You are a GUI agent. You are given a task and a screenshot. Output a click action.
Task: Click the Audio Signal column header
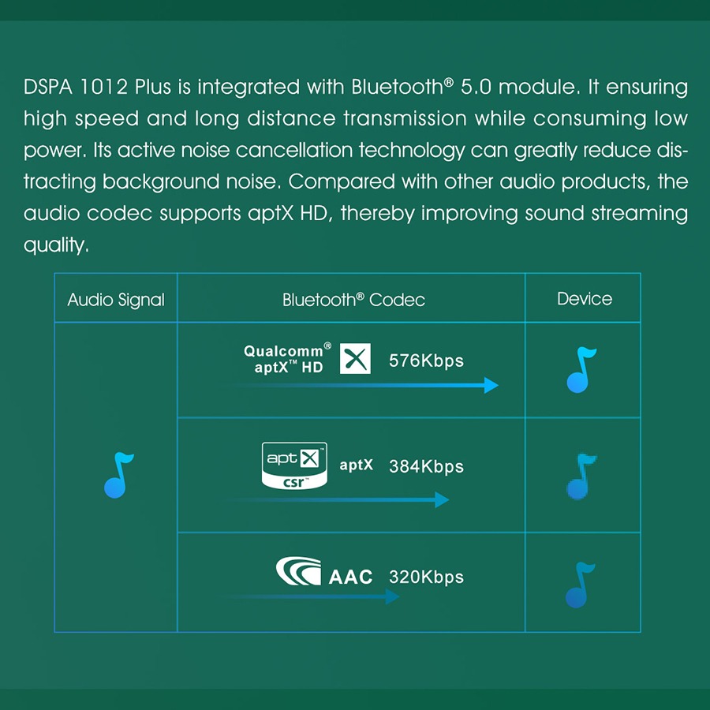point(116,300)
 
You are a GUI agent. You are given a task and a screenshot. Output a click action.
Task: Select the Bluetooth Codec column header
point(353,299)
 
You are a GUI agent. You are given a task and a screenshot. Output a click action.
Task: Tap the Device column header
point(584,299)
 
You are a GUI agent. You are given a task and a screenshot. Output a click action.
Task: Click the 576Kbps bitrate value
point(426,361)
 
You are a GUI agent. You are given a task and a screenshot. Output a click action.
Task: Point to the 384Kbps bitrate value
point(426,466)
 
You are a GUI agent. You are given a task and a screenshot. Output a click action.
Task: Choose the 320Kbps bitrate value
point(426,577)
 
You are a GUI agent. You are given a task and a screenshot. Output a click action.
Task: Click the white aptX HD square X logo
point(355,359)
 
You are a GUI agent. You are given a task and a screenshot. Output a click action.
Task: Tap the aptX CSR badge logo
point(294,466)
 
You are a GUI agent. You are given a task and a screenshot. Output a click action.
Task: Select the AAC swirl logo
point(299,571)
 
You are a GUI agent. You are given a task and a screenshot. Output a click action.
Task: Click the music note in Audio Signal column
point(118,475)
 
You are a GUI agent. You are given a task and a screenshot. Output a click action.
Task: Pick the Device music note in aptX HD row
point(581,370)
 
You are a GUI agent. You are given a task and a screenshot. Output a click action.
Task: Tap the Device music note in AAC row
point(580,585)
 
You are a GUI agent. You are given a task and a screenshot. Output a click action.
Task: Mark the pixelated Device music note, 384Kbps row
point(581,476)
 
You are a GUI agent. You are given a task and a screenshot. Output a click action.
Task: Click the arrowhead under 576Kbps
point(491,385)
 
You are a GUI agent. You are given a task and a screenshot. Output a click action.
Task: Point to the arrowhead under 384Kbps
point(442,500)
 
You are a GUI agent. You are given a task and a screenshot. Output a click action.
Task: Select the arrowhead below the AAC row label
point(393,596)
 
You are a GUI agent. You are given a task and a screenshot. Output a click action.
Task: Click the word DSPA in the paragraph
point(48,87)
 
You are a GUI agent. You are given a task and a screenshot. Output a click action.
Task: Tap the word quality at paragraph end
point(56,245)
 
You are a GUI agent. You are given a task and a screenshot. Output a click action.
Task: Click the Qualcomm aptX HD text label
point(287,358)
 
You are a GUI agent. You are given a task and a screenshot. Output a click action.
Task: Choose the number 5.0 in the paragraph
point(476,87)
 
